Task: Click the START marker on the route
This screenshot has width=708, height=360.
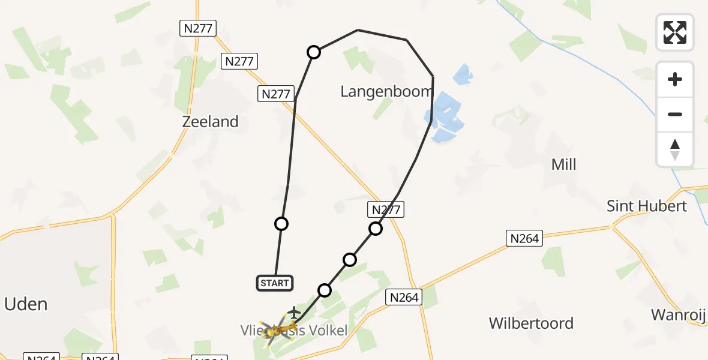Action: point(275,283)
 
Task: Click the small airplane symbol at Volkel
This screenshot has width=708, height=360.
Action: point(293,312)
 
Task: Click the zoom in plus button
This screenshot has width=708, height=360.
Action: point(675,79)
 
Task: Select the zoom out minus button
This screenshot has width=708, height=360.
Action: point(675,114)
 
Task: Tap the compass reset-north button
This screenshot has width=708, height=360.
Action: point(675,149)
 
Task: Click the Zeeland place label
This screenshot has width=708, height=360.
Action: point(210,122)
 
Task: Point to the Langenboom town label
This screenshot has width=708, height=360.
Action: point(386,92)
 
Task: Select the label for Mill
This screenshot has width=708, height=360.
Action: point(563,164)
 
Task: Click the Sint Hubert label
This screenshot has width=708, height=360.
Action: point(646,206)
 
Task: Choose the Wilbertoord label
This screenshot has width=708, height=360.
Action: point(531,323)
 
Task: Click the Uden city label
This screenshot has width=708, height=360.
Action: point(25,304)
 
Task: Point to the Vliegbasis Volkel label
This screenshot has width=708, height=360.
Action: point(294,331)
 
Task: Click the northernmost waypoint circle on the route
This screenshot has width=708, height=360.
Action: point(314,52)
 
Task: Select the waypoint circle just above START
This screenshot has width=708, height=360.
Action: point(281,224)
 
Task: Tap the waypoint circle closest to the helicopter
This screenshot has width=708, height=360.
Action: point(325,290)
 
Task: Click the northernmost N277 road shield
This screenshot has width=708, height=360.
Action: point(197,28)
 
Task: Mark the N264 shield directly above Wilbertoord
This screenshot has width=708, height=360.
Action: point(524,238)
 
